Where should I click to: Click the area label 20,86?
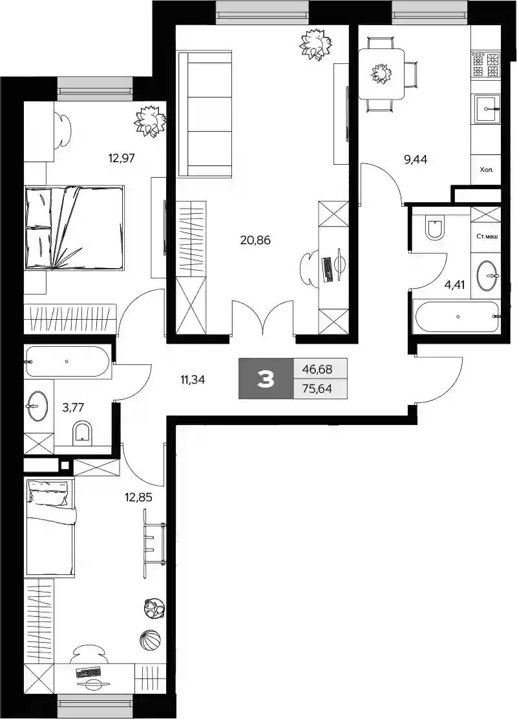[x=255, y=240]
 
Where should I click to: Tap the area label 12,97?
[x=121, y=158]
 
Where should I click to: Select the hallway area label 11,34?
[x=193, y=379]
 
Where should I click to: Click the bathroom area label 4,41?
[x=454, y=285]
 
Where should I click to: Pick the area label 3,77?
[x=73, y=407]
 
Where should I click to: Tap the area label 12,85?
[x=138, y=497]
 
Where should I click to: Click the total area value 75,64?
[x=317, y=390]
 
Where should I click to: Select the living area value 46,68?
[x=317, y=369]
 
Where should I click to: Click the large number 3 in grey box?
[x=266, y=379]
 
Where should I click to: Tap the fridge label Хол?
[x=486, y=170]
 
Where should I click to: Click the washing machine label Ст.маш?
[x=487, y=236]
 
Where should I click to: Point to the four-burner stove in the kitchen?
[x=486, y=65]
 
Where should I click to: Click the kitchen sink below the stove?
[x=486, y=109]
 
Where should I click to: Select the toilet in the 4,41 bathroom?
[x=434, y=227]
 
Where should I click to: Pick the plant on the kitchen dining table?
[x=380, y=74]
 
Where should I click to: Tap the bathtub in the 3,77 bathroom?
[x=67, y=362]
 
